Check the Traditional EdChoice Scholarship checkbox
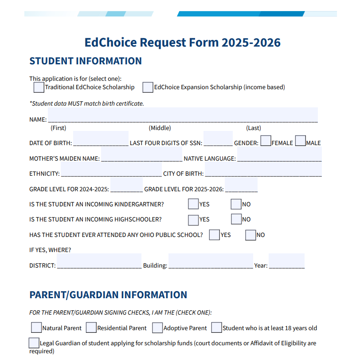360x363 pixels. click(39, 87)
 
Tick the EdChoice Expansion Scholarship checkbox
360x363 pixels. click(148, 87)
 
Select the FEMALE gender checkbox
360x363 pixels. click(266, 141)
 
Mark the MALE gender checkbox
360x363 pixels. click(300, 141)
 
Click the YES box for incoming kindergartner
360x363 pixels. click(193, 204)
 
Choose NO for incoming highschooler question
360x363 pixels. click(236, 219)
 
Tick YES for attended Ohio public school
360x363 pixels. click(215, 234)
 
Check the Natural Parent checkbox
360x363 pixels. click(36, 328)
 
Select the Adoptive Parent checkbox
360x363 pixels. click(157, 328)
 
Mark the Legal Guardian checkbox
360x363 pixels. click(34, 343)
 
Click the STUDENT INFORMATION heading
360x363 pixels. click(86, 61)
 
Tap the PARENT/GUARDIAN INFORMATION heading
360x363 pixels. click(108, 295)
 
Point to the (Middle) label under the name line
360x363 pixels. click(160, 128)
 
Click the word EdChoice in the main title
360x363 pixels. click(110, 43)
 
